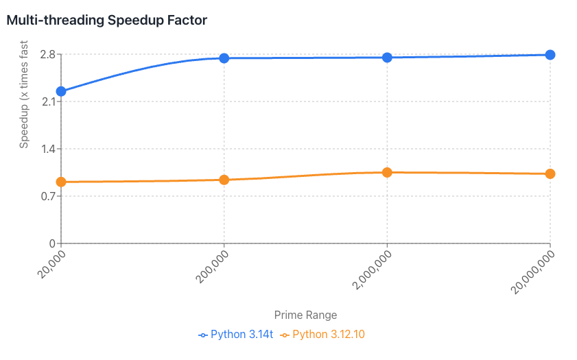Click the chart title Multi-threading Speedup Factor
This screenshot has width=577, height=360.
point(106,20)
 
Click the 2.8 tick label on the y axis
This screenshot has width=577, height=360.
point(46,55)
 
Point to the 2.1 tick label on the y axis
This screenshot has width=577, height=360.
point(46,102)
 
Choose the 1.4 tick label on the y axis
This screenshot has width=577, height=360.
point(46,149)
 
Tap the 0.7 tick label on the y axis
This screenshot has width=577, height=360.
point(46,196)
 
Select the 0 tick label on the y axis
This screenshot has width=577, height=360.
point(51,243)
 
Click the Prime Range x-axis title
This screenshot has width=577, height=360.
point(305,315)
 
